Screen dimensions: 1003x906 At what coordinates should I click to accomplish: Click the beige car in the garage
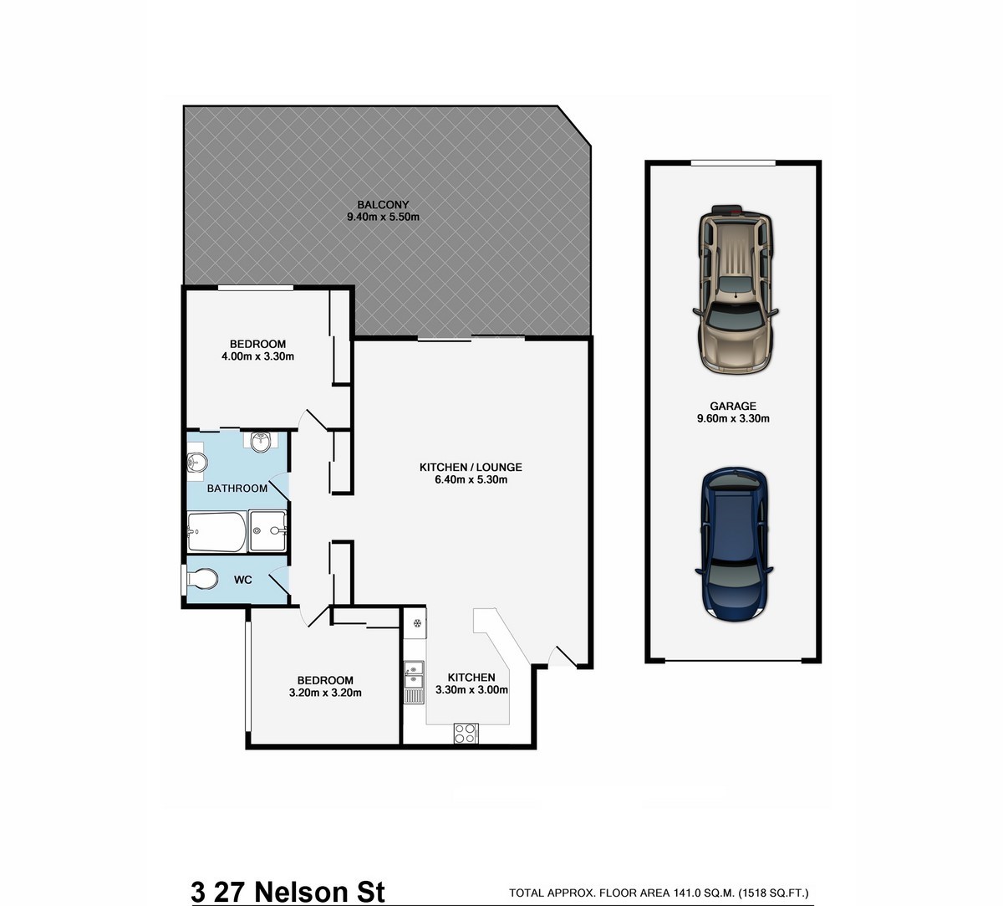pos(735,289)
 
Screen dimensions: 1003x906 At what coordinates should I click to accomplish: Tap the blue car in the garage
pos(734,545)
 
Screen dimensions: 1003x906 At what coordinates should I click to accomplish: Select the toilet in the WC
pos(202,579)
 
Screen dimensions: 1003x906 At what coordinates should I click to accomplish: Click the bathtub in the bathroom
pos(217,531)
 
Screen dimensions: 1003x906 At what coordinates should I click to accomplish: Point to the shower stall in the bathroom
pos(268,530)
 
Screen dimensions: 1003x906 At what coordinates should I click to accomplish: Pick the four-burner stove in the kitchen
pos(466,734)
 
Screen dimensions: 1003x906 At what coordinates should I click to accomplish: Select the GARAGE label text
pos(733,406)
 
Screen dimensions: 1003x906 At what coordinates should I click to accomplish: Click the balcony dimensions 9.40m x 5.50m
pos(383,218)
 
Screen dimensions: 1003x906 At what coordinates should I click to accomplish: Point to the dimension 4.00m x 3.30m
pos(257,356)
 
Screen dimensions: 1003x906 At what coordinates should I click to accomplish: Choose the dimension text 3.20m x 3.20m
pos(325,693)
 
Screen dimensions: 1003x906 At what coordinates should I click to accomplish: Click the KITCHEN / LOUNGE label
pos(471,467)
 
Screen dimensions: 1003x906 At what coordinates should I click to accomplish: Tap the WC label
pos(243,580)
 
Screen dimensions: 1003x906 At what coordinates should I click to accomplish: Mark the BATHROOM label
pos(237,488)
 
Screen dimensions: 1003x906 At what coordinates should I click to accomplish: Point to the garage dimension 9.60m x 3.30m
pos(733,418)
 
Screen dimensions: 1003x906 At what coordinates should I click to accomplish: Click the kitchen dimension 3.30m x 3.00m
pos(471,690)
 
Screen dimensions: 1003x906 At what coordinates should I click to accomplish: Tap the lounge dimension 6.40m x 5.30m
pos(471,479)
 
